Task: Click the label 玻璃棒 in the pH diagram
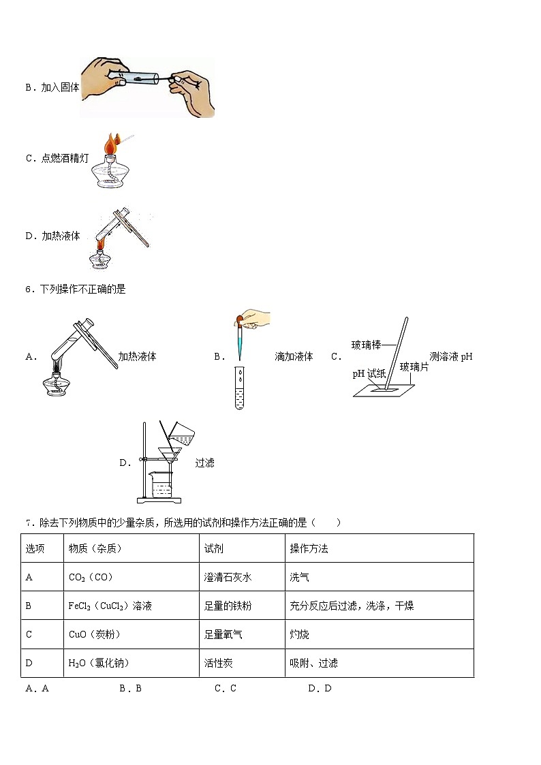(x=366, y=345)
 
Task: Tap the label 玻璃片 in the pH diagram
(x=414, y=366)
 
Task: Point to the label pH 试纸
(x=369, y=373)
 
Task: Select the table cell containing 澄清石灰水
(x=228, y=577)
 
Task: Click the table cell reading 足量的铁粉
(x=228, y=606)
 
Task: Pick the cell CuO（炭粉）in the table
(x=95, y=634)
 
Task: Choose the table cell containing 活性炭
(x=219, y=663)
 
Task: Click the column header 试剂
(x=214, y=548)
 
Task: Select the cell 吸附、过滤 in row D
(x=313, y=663)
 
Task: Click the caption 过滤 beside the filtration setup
(x=204, y=463)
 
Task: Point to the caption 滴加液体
(x=294, y=356)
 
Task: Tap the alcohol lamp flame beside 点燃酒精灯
(x=110, y=144)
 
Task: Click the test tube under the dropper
(x=239, y=388)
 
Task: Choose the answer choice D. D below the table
(x=320, y=688)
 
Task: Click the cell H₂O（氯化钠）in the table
(x=99, y=663)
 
